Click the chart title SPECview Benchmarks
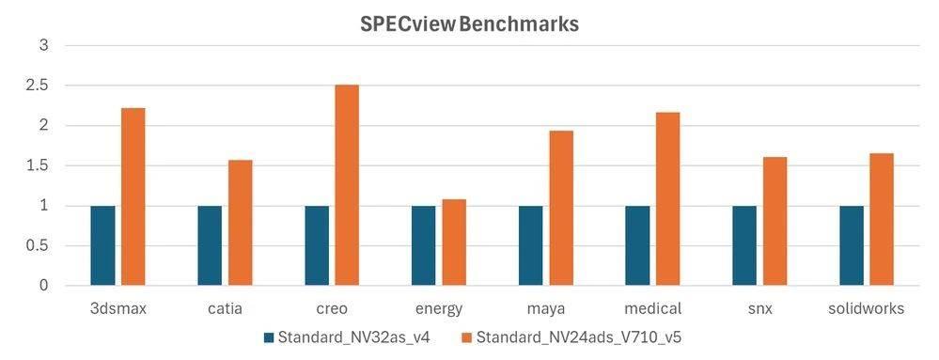click(x=469, y=24)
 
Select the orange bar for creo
click(x=347, y=185)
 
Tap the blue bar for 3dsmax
click(x=103, y=245)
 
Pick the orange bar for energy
click(x=454, y=243)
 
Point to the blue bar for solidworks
click(x=852, y=245)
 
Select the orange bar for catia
click(x=241, y=223)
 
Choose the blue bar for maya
click(x=531, y=245)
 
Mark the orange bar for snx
click(x=775, y=221)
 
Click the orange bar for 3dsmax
click(x=133, y=196)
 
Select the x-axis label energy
click(x=439, y=308)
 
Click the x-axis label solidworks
click(x=867, y=308)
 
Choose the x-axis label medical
click(x=652, y=308)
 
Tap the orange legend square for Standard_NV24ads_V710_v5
click(x=467, y=337)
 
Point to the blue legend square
click(x=269, y=337)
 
